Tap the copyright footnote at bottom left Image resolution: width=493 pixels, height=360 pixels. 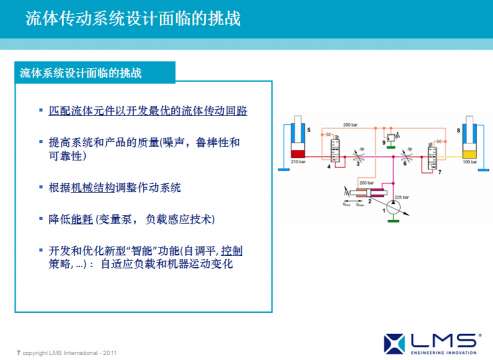(64, 349)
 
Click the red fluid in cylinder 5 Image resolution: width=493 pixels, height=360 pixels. (296, 153)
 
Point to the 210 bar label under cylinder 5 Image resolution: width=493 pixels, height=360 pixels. (296, 162)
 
